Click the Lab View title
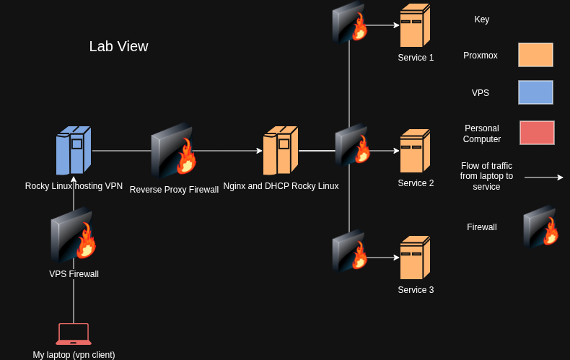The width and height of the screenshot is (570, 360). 118,47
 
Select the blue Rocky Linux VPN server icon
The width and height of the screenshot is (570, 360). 74,150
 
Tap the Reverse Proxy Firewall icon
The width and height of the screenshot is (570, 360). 173,150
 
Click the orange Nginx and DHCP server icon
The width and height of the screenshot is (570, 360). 281,150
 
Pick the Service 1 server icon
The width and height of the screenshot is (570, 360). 415,25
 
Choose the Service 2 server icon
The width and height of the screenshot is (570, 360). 415,151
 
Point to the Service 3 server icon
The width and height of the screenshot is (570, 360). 415,258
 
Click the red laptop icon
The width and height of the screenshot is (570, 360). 74,334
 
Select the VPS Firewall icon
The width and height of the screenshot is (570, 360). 74,235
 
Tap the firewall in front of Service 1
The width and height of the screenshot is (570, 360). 349,22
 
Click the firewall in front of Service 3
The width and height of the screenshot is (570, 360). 349,251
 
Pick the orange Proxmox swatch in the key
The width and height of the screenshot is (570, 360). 535,55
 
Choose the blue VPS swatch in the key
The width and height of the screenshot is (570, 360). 535,92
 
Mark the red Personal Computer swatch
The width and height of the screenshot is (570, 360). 537,133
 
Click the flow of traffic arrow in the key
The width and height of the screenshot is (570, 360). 544,177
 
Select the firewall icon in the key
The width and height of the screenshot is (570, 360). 540,227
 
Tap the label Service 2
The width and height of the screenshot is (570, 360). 416,183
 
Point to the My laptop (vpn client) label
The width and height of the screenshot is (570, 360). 74,354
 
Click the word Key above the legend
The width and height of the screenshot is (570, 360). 482,19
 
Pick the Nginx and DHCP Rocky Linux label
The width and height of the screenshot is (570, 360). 281,186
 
